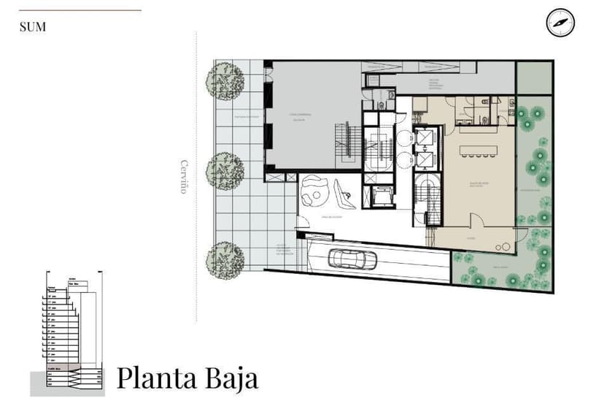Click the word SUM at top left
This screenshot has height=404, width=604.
click(33, 27)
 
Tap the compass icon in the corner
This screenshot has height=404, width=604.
click(560, 23)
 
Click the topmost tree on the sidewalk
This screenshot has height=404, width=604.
click(225, 80)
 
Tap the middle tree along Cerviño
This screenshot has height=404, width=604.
click(225, 170)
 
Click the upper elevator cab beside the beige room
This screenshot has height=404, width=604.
click(425, 137)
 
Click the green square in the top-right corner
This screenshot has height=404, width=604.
click(534, 77)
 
